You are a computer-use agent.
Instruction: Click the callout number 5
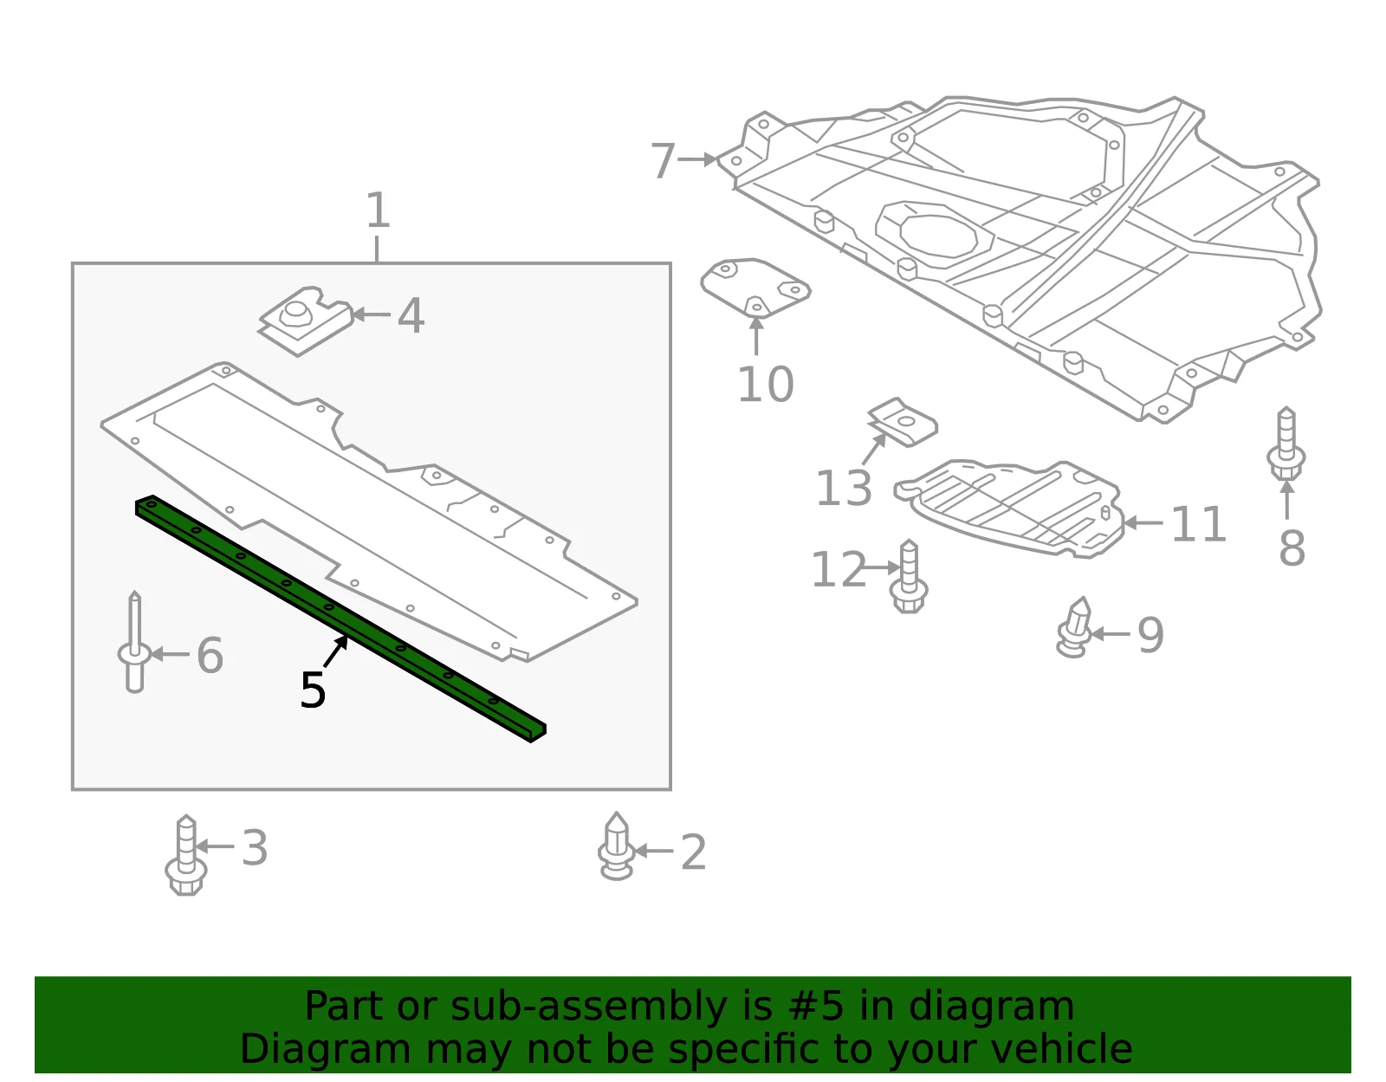coord(313,690)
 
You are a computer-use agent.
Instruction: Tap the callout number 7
coord(663,160)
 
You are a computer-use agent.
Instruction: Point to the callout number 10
coord(766,385)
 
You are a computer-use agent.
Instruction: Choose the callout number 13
coord(843,488)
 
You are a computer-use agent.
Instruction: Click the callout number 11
coord(1199,524)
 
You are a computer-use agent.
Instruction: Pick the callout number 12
coord(839,569)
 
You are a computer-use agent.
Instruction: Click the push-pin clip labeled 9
coord(1074,627)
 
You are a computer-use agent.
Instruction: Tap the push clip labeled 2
coord(616,846)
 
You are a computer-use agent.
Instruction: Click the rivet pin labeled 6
coord(134,641)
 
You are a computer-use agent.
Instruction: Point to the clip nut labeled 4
coord(306,321)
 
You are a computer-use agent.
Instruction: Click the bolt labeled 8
coord(1286,444)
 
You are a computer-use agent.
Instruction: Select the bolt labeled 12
coord(909,576)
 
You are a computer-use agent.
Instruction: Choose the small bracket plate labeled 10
coord(756,287)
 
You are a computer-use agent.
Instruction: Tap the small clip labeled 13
coord(903,422)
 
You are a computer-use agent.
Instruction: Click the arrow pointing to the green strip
coord(336,651)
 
